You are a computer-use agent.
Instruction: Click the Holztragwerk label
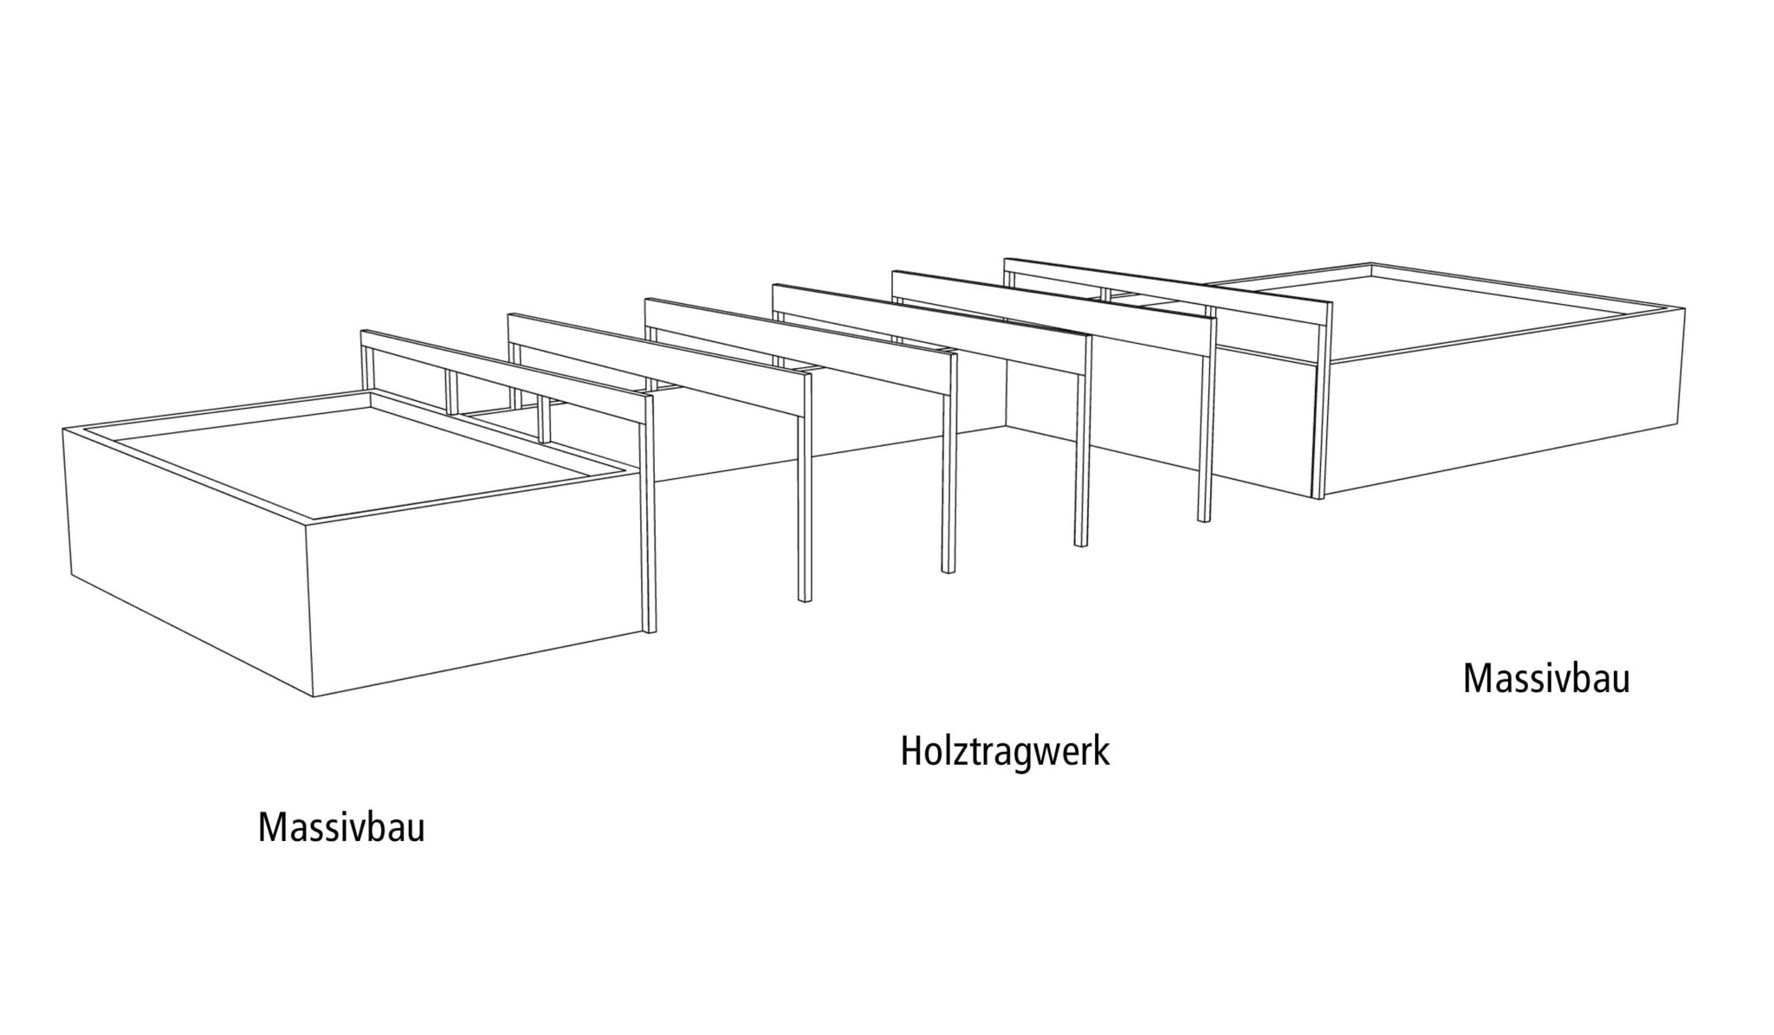1005,752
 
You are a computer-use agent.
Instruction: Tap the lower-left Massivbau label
341,828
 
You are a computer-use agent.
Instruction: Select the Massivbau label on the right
1546,679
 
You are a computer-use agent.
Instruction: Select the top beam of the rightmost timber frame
1167,292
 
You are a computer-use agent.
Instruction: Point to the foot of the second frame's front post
805,599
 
